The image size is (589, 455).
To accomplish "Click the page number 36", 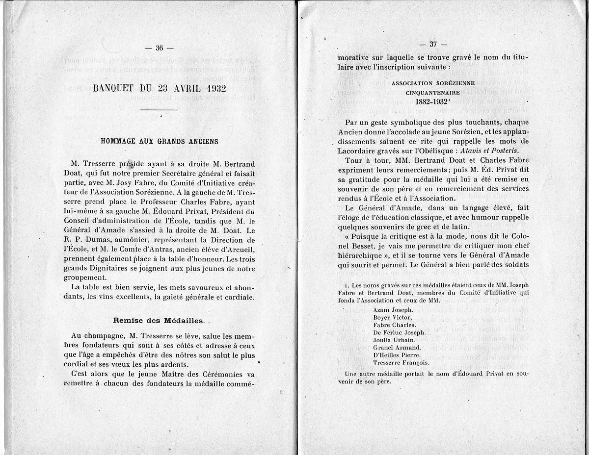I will [160, 48].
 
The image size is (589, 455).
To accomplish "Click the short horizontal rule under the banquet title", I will [159, 110].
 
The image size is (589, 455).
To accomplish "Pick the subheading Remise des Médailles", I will [158, 320].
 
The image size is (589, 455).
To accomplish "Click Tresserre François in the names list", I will [402, 363].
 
